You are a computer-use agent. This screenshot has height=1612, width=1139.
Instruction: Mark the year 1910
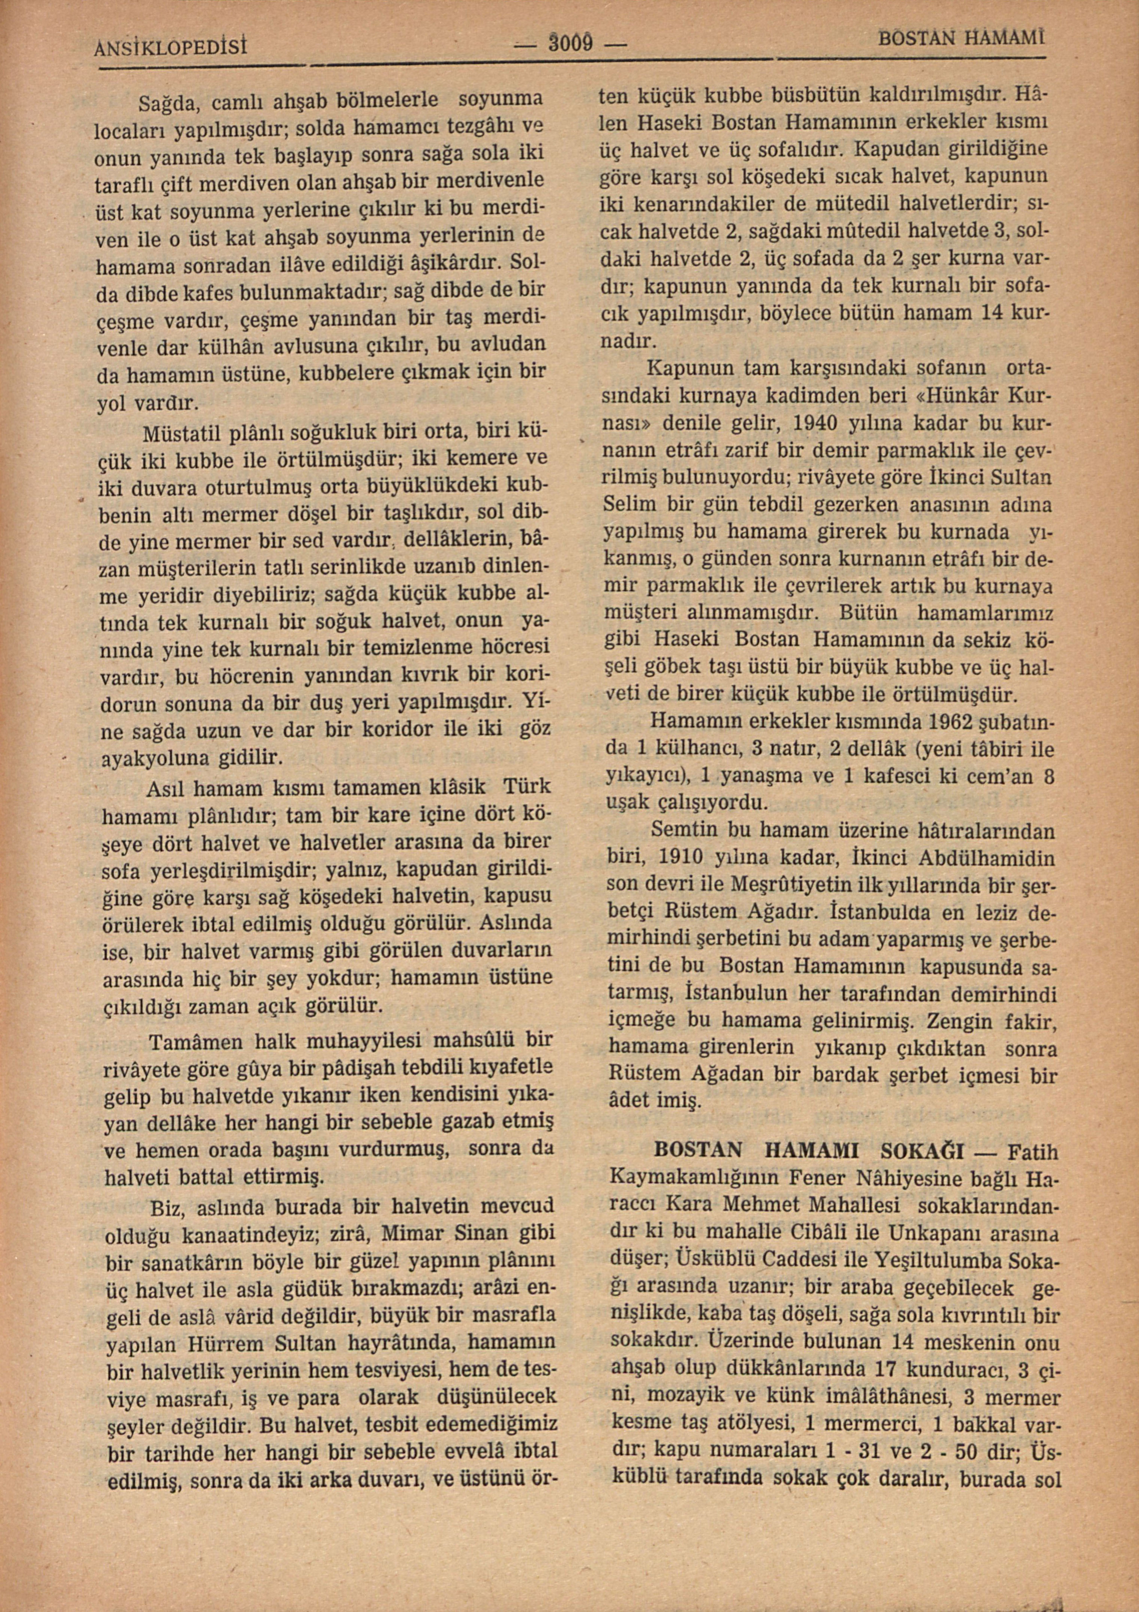click(681, 858)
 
